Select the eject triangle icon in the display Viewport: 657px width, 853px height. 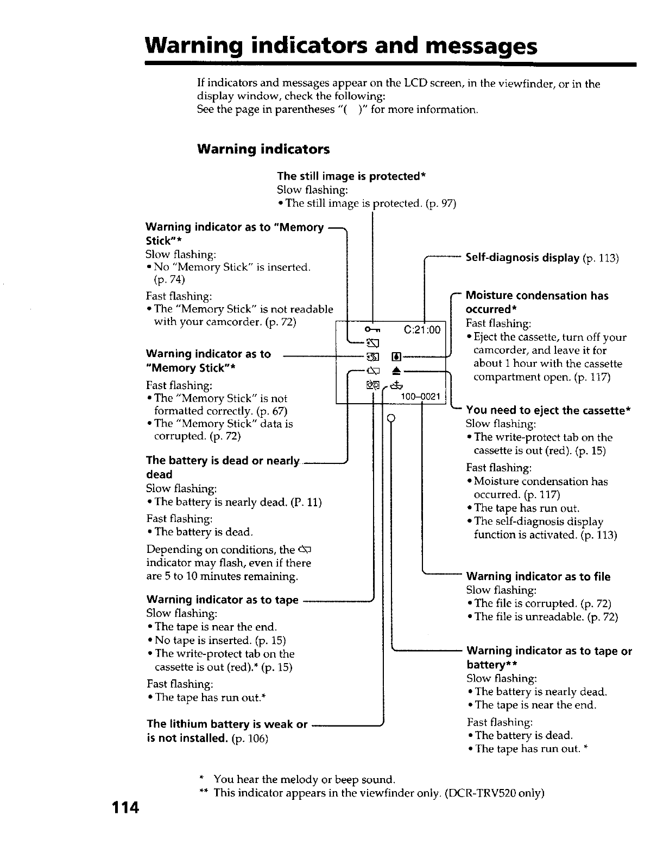(396, 371)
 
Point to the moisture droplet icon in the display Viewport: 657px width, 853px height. (396, 357)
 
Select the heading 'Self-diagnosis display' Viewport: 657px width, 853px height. (522, 258)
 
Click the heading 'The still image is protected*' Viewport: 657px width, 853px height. (351, 176)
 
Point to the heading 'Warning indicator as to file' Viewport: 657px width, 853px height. (538, 576)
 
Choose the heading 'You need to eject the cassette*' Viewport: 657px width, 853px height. (548, 410)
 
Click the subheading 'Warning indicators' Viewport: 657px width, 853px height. (263, 149)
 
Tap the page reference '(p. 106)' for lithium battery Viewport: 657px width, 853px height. (250, 739)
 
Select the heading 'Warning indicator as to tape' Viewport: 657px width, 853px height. (223, 600)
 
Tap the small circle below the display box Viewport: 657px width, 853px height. (390, 418)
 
